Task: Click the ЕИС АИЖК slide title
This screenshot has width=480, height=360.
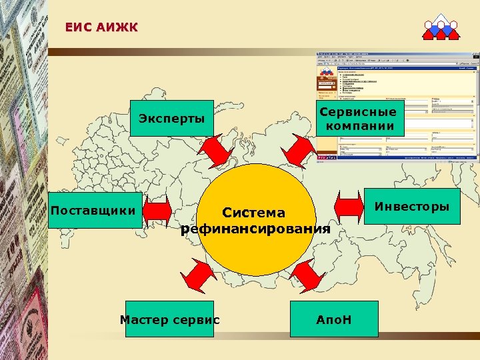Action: point(101,27)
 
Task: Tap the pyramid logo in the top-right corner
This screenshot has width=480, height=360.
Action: point(441,26)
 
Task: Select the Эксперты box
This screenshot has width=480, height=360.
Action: point(171,119)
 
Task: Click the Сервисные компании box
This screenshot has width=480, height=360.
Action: point(360,118)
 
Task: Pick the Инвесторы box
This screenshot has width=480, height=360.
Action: point(411,207)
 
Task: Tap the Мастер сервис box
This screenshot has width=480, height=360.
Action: point(169,319)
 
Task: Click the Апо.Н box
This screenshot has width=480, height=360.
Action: point(333,319)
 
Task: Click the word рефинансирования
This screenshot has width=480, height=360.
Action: point(255,229)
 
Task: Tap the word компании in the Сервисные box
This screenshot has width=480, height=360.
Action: point(360,126)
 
